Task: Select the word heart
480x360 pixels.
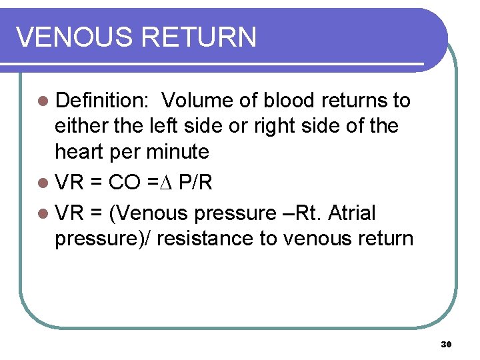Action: click(x=81, y=151)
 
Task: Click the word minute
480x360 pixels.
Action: click(x=179, y=151)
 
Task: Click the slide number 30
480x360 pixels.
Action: click(x=446, y=344)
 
